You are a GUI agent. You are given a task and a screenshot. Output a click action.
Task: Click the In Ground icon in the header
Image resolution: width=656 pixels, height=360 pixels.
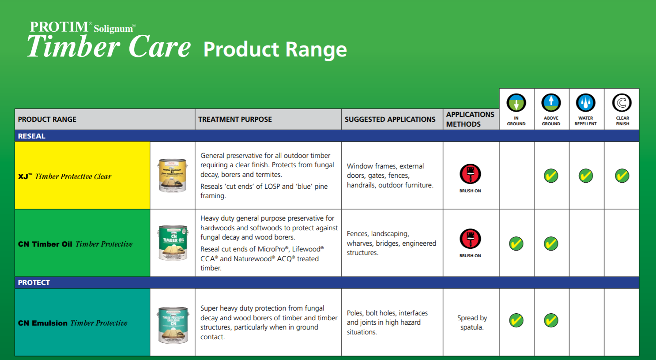(x=516, y=103)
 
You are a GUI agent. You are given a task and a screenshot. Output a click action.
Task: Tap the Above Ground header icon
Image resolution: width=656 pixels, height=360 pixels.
(x=551, y=103)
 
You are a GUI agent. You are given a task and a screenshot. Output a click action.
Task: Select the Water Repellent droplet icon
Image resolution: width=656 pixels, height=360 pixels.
(x=586, y=103)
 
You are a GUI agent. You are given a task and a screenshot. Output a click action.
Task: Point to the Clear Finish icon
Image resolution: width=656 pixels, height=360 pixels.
(x=622, y=103)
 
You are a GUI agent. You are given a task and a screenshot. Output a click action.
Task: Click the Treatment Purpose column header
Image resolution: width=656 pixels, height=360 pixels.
(x=235, y=119)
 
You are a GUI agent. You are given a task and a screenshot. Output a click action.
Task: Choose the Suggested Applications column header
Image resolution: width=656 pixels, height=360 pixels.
(x=390, y=119)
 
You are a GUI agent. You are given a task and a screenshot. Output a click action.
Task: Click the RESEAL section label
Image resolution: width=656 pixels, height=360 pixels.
(x=32, y=136)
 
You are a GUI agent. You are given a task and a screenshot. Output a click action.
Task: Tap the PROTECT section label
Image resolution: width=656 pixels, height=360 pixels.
(x=34, y=282)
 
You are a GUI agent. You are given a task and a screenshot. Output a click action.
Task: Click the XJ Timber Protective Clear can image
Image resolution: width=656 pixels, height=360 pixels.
(x=173, y=175)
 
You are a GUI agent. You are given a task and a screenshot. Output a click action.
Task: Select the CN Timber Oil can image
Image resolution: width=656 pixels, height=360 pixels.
(x=173, y=243)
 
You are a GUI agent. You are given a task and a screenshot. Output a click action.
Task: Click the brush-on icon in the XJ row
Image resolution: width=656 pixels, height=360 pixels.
(x=470, y=174)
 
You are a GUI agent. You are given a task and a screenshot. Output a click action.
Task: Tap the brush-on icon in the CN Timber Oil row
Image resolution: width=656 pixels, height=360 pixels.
(x=470, y=239)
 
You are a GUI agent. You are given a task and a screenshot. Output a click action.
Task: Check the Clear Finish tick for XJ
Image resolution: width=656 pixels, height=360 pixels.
(x=622, y=176)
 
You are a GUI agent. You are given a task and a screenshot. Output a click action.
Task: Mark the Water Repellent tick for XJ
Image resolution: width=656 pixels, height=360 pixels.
(x=586, y=176)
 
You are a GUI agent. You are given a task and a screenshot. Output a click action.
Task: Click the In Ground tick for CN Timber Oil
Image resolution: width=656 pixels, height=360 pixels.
(x=516, y=244)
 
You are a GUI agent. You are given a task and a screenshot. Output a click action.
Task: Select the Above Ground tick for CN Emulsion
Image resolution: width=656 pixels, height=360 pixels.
(x=551, y=320)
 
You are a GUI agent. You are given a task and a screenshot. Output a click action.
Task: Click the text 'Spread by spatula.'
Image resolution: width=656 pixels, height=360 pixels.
(x=472, y=322)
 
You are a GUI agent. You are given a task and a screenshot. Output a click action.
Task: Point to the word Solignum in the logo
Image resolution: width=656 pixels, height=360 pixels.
(x=113, y=29)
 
